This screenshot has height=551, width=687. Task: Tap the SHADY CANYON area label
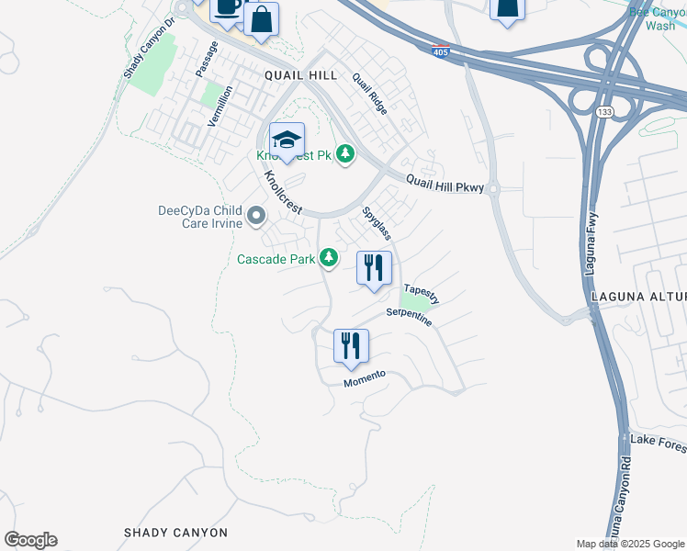pyautogui.click(x=175, y=533)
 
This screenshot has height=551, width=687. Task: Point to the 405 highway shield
pyautogui.click(x=441, y=51)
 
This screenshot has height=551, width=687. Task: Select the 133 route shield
pyautogui.click(x=603, y=111)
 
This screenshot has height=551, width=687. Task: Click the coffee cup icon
pyautogui.click(x=227, y=8)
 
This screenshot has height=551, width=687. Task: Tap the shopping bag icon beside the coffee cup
pyautogui.click(x=261, y=19)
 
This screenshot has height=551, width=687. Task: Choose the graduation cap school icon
pyautogui.click(x=287, y=141)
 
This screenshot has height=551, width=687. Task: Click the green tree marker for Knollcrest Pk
pyautogui.click(x=345, y=154)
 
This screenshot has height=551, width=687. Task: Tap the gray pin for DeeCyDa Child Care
pyautogui.click(x=256, y=217)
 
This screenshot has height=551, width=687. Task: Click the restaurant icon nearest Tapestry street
pyautogui.click(x=374, y=268)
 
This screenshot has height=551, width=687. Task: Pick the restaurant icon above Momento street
pyautogui.click(x=351, y=346)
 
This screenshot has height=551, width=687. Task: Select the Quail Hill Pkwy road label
pyautogui.click(x=445, y=181)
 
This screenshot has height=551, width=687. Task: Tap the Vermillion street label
pyautogui.click(x=220, y=106)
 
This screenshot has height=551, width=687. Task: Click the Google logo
pyautogui.click(x=30, y=540)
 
